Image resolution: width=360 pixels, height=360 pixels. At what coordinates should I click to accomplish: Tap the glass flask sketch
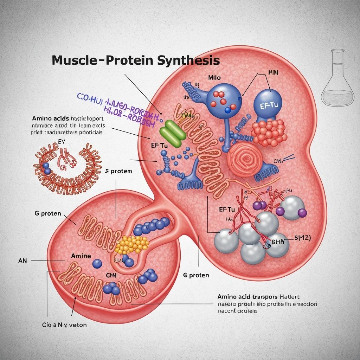[338, 79]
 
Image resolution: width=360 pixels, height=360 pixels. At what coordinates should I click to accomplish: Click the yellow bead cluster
[132, 244]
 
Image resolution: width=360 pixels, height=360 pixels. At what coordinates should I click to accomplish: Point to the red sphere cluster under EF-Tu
[269, 132]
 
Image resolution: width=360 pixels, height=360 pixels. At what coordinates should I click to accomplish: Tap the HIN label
[273, 73]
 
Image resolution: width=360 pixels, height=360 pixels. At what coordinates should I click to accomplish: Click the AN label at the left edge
[22, 261]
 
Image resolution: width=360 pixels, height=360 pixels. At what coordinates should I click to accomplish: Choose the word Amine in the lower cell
[81, 256]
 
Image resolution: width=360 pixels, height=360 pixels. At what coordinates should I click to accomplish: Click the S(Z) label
[302, 238]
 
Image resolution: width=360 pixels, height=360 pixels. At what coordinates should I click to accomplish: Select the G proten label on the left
[48, 213]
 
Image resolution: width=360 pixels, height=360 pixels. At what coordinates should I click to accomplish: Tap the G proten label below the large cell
[196, 275]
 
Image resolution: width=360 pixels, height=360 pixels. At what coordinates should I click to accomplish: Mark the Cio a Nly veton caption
[64, 325]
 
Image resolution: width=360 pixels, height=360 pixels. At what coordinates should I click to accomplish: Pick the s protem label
[119, 171]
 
